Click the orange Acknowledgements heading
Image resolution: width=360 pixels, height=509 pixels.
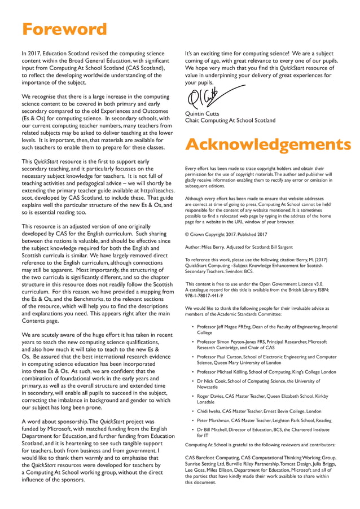coord(267,144)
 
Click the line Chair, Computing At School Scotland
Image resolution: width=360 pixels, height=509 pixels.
coord(230,120)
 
